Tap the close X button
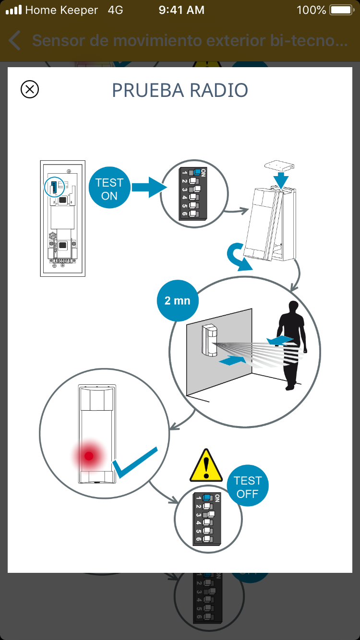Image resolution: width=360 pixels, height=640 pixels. (x=30, y=89)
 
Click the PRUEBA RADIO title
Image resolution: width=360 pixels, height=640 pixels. (x=180, y=90)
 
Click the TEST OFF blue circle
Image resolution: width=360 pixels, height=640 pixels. (x=248, y=487)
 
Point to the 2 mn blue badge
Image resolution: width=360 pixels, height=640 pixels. (x=177, y=301)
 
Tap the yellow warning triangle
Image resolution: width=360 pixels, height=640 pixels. (x=206, y=466)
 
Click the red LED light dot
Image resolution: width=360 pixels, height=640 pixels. (x=89, y=456)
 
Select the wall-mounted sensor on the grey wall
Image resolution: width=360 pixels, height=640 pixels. (x=210, y=340)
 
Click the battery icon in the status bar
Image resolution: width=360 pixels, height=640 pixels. (x=342, y=10)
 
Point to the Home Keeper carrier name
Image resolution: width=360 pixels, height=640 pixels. (x=61, y=10)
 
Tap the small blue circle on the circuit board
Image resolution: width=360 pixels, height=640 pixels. (x=54, y=187)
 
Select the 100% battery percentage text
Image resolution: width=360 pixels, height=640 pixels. (x=311, y=10)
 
